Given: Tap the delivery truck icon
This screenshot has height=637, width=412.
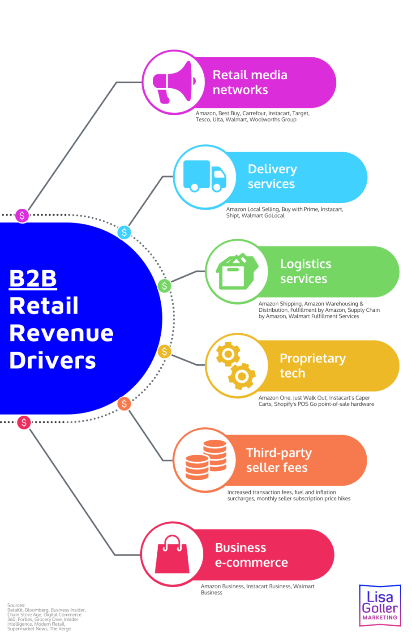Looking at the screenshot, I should click(x=205, y=176).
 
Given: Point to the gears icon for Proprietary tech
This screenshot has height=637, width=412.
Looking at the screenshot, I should click(x=236, y=366).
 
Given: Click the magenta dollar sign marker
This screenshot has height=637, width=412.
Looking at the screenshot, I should click(x=22, y=215).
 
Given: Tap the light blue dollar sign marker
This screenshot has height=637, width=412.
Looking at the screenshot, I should click(x=124, y=232).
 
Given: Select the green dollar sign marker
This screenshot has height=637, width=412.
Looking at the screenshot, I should click(x=164, y=286).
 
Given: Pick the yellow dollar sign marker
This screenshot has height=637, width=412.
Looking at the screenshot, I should click(x=164, y=352).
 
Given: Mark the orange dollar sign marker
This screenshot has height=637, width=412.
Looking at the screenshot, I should click(x=124, y=404).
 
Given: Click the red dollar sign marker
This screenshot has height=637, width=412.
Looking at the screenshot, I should click(x=24, y=422).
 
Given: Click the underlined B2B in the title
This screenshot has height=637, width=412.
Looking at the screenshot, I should click(x=33, y=279).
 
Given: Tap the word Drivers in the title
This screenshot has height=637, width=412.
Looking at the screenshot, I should click(x=53, y=361).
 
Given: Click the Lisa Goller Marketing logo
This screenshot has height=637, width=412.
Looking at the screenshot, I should click(x=380, y=605).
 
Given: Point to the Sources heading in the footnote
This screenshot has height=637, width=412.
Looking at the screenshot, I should click(x=16, y=605).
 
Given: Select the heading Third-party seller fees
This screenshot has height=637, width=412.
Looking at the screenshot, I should click(x=278, y=460).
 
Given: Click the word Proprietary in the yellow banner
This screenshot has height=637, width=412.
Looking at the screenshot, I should click(x=313, y=358).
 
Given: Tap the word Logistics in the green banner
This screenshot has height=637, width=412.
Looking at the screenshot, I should click(x=305, y=264).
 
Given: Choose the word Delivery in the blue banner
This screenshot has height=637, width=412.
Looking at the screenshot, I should click(x=272, y=169).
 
